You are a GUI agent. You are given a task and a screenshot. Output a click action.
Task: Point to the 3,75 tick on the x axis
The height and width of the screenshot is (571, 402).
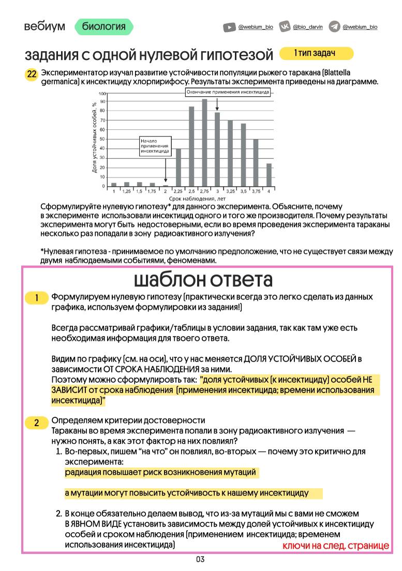tap(256, 191)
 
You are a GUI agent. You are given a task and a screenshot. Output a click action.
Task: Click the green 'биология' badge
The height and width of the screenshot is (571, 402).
tap(104, 26)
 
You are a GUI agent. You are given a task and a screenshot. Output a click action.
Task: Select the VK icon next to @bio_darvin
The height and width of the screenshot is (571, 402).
tap(285, 27)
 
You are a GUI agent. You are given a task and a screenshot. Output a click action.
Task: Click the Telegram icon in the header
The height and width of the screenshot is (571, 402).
tap(334, 27)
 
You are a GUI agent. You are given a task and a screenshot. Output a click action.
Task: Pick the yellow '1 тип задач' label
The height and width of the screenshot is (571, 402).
tap(316, 53)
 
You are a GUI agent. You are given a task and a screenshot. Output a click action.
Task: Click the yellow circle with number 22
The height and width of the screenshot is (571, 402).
tap(32, 74)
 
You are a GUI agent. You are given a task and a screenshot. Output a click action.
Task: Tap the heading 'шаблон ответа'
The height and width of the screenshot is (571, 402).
tap(203, 279)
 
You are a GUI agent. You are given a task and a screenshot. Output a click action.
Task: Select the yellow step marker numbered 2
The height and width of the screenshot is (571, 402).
tap(37, 423)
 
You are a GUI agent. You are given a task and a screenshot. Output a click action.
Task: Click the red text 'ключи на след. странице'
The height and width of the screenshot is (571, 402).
tap(335, 546)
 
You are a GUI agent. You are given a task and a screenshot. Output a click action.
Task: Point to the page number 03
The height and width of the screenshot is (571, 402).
tap(200, 560)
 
